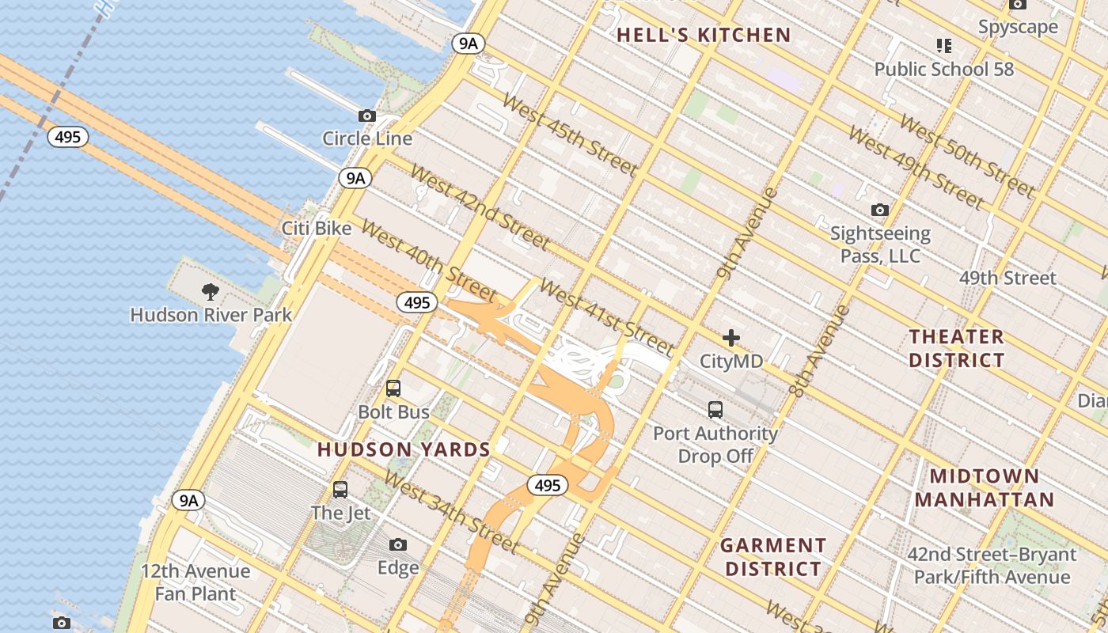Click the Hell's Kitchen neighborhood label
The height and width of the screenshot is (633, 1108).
point(704,35)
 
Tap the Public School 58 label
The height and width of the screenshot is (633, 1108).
point(943,69)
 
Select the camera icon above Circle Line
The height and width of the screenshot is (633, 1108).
point(366,116)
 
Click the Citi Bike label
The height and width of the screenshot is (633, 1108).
point(317,229)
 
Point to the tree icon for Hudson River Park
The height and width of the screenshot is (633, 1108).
point(211,292)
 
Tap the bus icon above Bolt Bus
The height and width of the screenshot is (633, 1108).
point(393,389)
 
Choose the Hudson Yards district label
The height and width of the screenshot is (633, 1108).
point(404,449)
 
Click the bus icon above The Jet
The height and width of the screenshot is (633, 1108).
point(340,490)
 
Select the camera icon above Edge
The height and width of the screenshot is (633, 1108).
point(398,544)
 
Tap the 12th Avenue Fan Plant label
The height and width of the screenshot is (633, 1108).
point(195,582)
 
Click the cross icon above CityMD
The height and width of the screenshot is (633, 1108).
point(731,339)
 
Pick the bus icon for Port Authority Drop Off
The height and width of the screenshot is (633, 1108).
point(715,410)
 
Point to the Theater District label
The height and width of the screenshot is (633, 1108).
point(956,348)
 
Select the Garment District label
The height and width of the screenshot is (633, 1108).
point(773,557)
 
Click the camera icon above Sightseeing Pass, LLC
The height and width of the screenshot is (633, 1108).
point(879,210)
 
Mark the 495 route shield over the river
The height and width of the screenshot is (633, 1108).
point(68,137)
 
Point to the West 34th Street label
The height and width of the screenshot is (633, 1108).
point(451,512)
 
